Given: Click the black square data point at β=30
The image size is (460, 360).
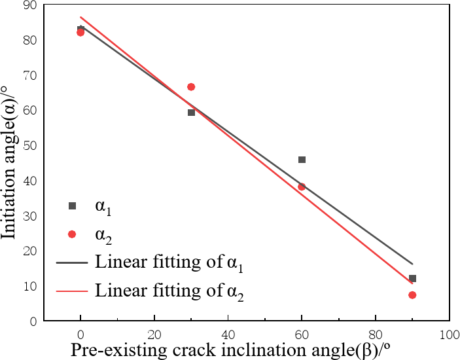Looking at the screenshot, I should (191, 113).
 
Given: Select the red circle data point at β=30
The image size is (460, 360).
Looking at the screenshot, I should (191, 87).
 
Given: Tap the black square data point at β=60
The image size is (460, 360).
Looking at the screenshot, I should (302, 160).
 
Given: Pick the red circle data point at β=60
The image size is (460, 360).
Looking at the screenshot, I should (302, 187).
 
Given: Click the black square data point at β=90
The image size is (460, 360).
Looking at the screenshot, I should (412, 278).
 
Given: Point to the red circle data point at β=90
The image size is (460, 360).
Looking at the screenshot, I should (412, 295).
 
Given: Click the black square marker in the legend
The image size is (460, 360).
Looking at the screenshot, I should (73, 206).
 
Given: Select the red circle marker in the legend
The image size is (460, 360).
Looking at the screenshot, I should (73, 234).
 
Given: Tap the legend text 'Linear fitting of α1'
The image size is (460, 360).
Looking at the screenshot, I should (171, 262).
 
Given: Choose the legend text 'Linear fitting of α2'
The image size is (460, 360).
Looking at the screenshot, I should (171, 290).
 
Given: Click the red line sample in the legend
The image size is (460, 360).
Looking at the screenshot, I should (73, 290).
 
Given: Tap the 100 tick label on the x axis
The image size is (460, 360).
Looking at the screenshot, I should (449, 334).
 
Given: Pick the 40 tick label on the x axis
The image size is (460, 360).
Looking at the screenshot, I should (228, 334).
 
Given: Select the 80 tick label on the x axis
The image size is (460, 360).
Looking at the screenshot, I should (375, 334).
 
